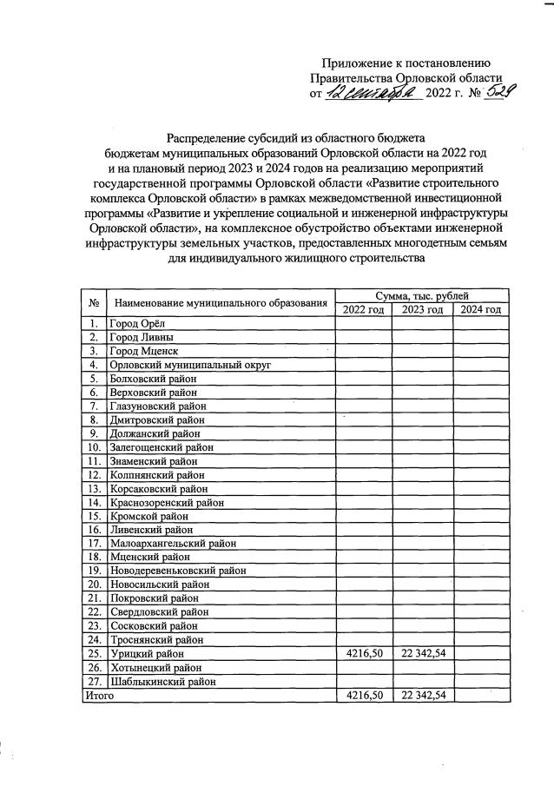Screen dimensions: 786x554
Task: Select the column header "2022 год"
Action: [x=362, y=310]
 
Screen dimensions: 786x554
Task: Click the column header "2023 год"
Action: [x=421, y=310]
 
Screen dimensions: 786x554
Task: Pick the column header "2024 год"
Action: [x=480, y=310]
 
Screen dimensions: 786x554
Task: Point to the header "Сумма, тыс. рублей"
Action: [x=421, y=297]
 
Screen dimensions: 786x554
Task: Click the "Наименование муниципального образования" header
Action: [x=221, y=304]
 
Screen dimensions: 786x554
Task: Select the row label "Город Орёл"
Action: [x=138, y=324]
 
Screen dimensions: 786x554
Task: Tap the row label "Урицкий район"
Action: [x=147, y=653]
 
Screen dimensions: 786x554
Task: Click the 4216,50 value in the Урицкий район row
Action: [x=362, y=653]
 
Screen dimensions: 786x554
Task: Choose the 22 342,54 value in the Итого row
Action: [x=421, y=695]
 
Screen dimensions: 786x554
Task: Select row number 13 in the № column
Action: [x=92, y=488]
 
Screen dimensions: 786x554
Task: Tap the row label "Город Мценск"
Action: [x=143, y=351]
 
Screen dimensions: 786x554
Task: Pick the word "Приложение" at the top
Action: [x=357, y=63]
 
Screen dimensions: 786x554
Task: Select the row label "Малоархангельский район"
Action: [x=173, y=544]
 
